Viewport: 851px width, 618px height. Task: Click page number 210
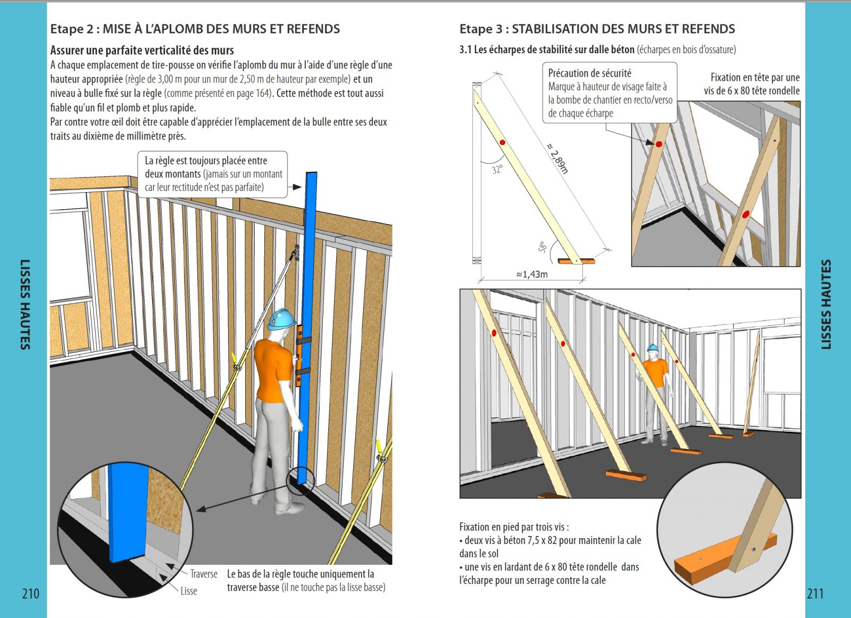point(30,594)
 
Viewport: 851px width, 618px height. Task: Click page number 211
point(815,594)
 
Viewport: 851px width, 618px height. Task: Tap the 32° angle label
point(497,170)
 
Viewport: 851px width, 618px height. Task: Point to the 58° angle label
point(542,247)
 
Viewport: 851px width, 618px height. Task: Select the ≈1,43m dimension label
point(531,275)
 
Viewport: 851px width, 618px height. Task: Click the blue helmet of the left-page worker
point(281,318)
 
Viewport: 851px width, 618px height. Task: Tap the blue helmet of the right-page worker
point(653,348)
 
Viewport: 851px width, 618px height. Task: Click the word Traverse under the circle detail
point(204,574)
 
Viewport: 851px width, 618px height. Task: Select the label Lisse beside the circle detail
point(188,591)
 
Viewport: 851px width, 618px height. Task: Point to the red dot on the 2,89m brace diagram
point(502,142)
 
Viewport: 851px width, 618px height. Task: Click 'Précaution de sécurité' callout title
point(589,73)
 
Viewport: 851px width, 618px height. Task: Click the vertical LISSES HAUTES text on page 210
point(24,304)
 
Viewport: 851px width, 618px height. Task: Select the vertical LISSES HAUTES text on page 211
point(825,304)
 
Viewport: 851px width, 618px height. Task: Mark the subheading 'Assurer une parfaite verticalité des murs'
point(142,51)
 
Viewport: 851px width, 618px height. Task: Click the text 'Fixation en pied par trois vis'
point(513,527)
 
